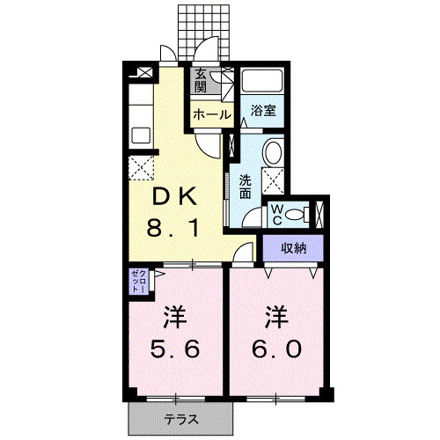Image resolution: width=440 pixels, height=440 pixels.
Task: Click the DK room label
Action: (x=174, y=196)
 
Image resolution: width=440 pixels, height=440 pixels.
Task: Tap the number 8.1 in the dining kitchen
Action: (x=173, y=228)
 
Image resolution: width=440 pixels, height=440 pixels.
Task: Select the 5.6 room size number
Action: (x=175, y=348)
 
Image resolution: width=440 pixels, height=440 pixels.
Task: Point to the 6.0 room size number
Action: (x=276, y=348)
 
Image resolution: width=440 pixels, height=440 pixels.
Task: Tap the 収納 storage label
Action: (x=294, y=248)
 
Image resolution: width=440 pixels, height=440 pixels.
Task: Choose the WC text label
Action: (x=277, y=215)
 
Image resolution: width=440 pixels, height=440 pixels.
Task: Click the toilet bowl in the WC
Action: (x=295, y=216)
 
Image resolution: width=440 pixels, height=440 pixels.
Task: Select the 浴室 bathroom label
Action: (x=263, y=111)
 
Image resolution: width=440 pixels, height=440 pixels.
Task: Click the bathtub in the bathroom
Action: (x=262, y=80)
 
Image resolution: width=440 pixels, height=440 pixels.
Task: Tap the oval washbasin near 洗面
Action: (x=273, y=152)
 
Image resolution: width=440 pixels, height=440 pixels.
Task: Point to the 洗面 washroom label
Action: (x=246, y=187)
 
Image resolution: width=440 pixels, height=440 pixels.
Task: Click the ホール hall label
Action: (x=212, y=114)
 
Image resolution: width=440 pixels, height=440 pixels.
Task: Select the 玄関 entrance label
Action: (x=201, y=80)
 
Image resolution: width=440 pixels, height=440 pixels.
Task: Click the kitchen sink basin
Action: (x=141, y=136)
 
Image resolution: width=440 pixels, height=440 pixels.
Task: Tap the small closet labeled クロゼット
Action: (x=139, y=282)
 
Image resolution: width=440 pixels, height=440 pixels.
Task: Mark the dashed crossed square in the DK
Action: (x=141, y=167)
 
